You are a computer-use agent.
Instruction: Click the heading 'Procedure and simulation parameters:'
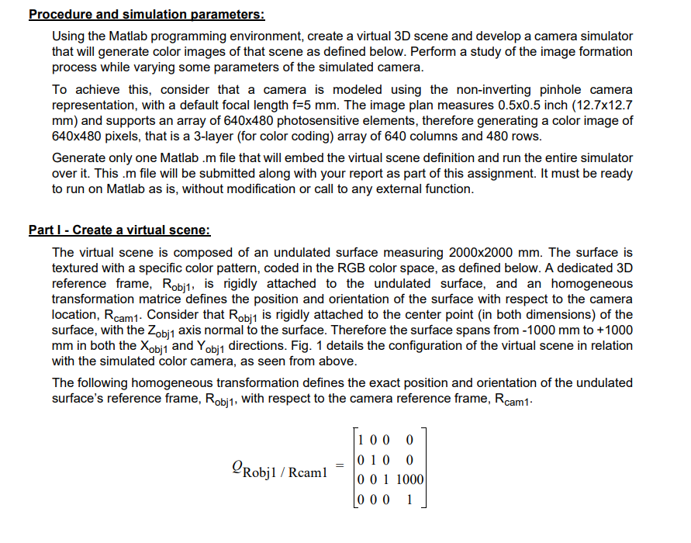tap(147, 15)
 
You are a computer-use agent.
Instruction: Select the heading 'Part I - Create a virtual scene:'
tap(119, 230)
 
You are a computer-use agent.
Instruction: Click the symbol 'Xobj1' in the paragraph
tap(149, 346)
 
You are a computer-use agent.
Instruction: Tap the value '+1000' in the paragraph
tap(615, 330)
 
